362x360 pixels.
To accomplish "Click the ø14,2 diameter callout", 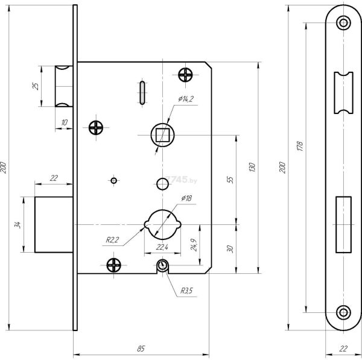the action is coord(186,99).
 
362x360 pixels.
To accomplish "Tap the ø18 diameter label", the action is coord(186,198).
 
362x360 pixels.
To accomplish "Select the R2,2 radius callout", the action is coord(112,240).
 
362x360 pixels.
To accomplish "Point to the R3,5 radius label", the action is coord(186,291).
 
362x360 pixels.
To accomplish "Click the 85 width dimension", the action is coord(141,349).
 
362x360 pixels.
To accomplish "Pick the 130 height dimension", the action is coord(252,167).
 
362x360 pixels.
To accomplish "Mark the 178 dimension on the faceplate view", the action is coord(300,146).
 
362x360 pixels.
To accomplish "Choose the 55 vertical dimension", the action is coord(230,180).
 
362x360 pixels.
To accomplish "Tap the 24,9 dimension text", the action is coord(194,245).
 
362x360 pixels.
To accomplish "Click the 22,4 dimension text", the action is coord(162,247).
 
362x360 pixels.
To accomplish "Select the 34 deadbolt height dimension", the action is coord(17,224).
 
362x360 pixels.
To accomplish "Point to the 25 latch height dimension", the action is coord(36,86).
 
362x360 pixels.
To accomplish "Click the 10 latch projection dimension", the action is coord(64,122).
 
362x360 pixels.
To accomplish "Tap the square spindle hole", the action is coord(162,134).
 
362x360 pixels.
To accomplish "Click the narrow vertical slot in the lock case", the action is coord(142,93).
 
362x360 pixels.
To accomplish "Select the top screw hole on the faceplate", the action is coord(343,23).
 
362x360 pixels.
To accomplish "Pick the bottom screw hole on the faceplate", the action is coord(343,312).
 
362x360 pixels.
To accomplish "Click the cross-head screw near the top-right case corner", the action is coord(185,75).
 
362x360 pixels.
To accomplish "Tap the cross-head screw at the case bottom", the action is coord(113,265).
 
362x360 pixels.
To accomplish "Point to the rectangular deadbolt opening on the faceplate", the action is coord(343,224).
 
